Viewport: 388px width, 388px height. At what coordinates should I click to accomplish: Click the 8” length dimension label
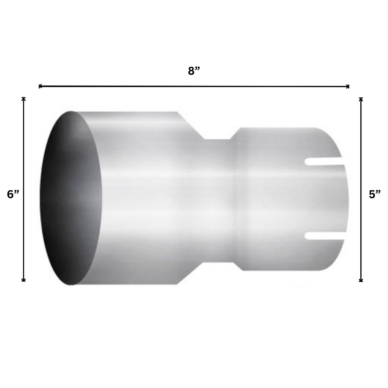[x=194, y=71]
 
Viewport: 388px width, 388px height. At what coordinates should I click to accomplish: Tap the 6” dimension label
[x=13, y=194]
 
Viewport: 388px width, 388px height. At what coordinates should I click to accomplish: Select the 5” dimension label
[x=375, y=194]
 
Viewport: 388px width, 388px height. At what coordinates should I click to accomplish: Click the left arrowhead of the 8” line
[x=40, y=86]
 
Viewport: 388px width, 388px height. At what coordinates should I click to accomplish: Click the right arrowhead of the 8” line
[x=348, y=86]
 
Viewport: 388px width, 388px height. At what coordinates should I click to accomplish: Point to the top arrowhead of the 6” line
[x=24, y=98]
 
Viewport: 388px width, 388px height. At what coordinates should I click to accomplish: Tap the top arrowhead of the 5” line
[x=361, y=99]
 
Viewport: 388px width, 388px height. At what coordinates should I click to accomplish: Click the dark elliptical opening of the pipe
[x=71, y=198]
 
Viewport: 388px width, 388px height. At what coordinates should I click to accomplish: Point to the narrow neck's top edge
[x=217, y=140]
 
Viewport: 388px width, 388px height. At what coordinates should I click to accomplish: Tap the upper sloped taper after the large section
[x=191, y=126]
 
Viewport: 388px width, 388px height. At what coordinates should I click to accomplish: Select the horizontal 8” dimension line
[x=194, y=86]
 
